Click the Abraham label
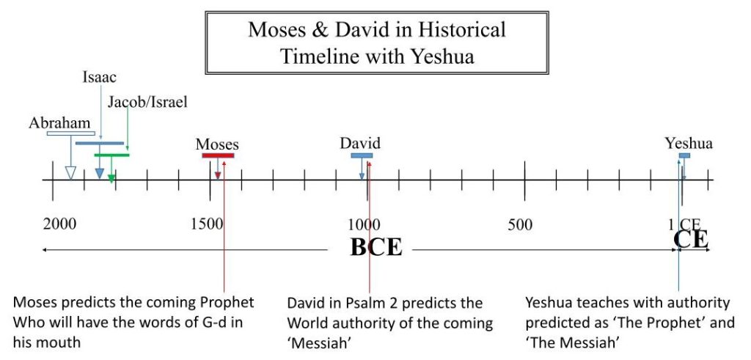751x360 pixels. tap(59, 123)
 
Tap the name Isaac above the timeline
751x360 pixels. tap(99, 77)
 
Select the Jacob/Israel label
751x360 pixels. tap(147, 102)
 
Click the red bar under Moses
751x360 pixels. tap(218, 155)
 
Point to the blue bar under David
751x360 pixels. tap(362, 155)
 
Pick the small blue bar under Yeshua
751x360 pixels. tap(684, 155)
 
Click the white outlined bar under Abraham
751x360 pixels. tap(71, 133)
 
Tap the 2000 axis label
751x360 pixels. tap(59, 224)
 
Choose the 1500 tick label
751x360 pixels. tap(207, 224)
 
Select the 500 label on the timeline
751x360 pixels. tap(520, 224)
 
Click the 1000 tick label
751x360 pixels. tap(364, 224)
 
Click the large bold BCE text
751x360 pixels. tap(376, 247)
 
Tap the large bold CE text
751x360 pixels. tap(691, 239)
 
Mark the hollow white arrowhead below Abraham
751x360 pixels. tap(70, 173)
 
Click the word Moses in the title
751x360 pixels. tap(276, 29)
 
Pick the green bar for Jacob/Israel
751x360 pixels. tap(111, 155)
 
